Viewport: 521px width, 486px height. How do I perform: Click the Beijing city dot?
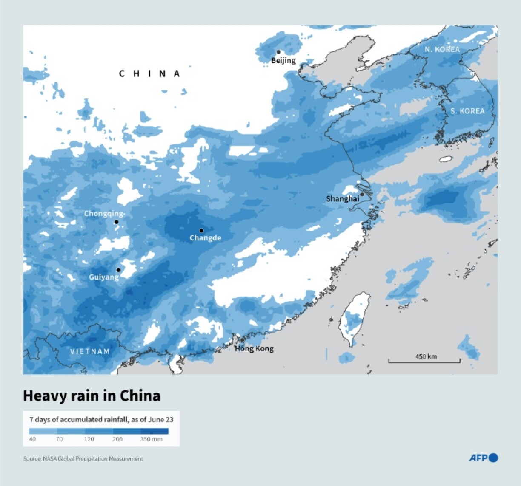[278, 52]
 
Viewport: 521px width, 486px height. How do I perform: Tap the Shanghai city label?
[342, 199]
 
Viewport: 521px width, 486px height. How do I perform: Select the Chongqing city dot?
[116, 222]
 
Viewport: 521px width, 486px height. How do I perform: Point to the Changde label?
[205, 238]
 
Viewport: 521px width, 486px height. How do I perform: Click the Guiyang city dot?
[118, 270]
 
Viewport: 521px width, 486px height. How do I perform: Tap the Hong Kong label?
[254, 349]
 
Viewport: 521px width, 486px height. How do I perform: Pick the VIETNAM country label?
[90, 351]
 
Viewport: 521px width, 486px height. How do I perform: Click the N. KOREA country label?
[442, 49]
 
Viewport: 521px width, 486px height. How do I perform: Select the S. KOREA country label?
[467, 111]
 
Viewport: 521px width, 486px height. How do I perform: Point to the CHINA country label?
[149, 74]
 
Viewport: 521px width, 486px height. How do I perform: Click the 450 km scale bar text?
[426, 356]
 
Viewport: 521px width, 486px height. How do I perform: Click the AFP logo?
[484, 458]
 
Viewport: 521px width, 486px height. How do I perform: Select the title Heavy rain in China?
[92, 396]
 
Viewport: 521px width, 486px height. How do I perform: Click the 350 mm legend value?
[151, 439]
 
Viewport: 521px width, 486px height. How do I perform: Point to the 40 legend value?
[32, 439]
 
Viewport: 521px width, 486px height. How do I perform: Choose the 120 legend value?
[89, 439]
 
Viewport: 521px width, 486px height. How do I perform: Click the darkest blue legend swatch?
[155, 431]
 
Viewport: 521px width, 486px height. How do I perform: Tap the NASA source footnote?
[83, 459]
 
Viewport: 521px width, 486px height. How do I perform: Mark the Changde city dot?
[201, 230]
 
